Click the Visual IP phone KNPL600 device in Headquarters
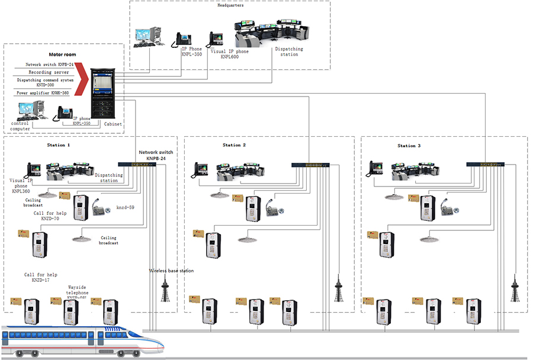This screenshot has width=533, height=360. click(x=216, y=40)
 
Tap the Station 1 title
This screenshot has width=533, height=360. click(x=59, y=145)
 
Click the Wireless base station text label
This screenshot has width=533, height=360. click(x=171, y=271)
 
